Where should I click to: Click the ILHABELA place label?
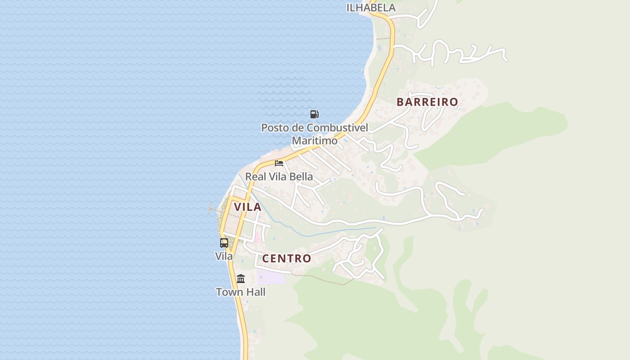coord(371,8)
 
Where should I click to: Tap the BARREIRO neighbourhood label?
coord(427,102)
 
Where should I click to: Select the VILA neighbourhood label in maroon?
coord(247,207)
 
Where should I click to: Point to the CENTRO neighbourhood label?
coord(287,259)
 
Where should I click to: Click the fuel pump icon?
coord(314,114)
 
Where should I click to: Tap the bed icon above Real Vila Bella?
coord(279,163)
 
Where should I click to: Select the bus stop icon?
coord(224,243)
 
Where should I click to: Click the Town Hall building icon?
coord(241,279)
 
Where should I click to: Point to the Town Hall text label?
coord(241,292)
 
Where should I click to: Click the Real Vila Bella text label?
coord(279,176)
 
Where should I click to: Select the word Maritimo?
coord(315,141)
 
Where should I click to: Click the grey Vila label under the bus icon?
coord(224,256)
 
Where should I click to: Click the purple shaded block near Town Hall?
coord(271,277)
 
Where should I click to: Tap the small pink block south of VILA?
coord(257,236)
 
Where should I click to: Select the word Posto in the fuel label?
coord(274,128)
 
